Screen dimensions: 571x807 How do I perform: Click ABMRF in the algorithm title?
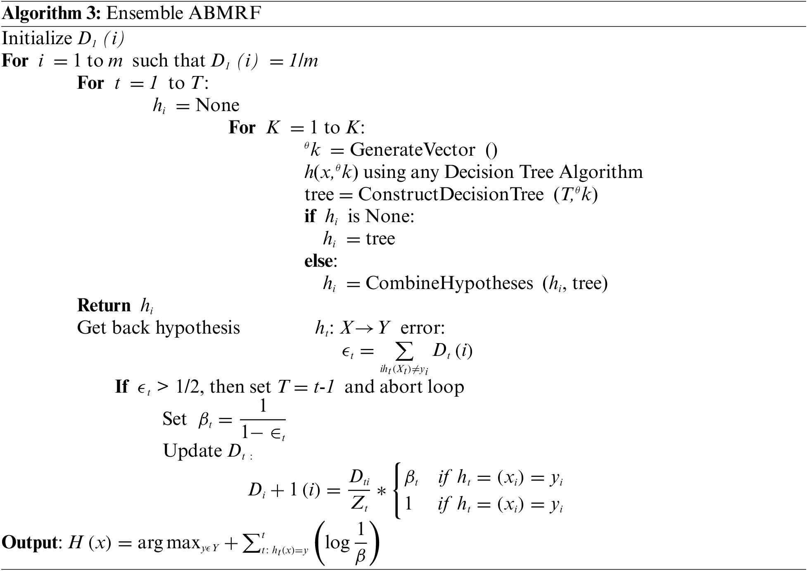coord(225,14)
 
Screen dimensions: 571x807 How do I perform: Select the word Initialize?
coord(37,39)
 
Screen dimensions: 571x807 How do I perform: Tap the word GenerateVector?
coord(413,150)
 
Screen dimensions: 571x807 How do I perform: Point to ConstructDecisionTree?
coord(451,194)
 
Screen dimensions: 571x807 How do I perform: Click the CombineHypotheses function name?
coord(449,284)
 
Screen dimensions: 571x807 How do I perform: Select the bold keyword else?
coord(318,261)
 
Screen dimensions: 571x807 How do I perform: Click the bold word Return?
coord(104,306)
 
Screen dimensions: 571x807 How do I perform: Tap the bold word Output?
coord(29,543)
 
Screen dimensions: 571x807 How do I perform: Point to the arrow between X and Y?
coord(365,328)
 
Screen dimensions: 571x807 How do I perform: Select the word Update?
coord(192,451)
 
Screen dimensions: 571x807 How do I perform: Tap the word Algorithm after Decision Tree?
coord(601,172)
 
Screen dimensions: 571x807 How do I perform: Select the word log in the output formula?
coord(337,543)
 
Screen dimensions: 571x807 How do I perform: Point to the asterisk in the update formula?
coord(382,492)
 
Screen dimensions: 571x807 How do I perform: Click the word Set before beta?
coord(174,419)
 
